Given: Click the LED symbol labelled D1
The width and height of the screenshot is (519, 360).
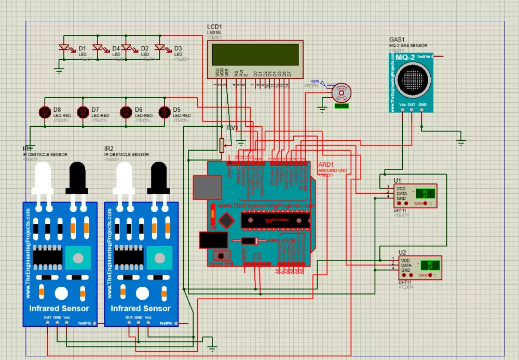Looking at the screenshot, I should pos(65,48).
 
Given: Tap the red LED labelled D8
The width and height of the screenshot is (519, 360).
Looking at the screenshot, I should pos(44,112).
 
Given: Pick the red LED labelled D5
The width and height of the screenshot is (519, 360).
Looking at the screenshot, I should pos(165,112).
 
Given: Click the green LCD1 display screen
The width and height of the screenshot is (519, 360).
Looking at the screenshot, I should pos(254,54).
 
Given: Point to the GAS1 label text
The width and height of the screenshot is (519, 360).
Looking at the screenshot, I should pos(397,39).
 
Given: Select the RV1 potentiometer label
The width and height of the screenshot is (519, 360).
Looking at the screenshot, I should pos(233,128).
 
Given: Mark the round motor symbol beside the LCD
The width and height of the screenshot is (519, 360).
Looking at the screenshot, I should pos(340,94).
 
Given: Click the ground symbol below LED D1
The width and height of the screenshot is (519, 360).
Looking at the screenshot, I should pos(59,70).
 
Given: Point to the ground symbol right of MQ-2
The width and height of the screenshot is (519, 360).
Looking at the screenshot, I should pos(460,141).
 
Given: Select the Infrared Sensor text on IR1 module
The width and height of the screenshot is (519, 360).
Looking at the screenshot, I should pos(59,308).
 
